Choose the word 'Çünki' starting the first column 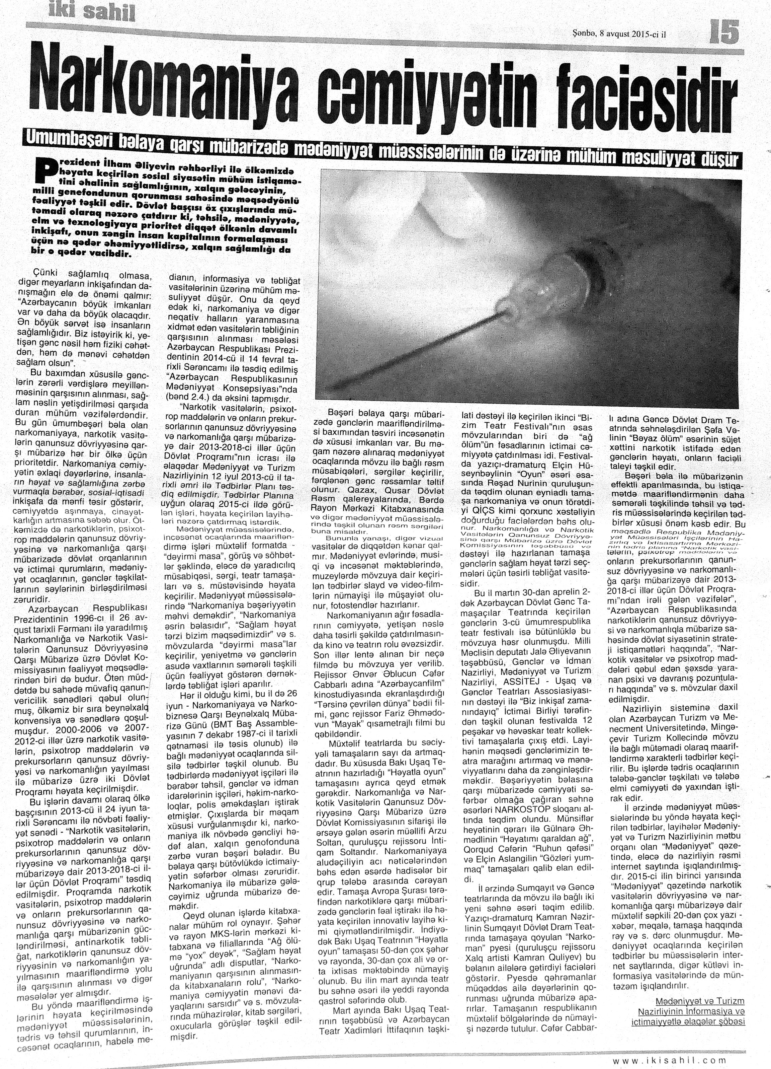coord(45,274)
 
